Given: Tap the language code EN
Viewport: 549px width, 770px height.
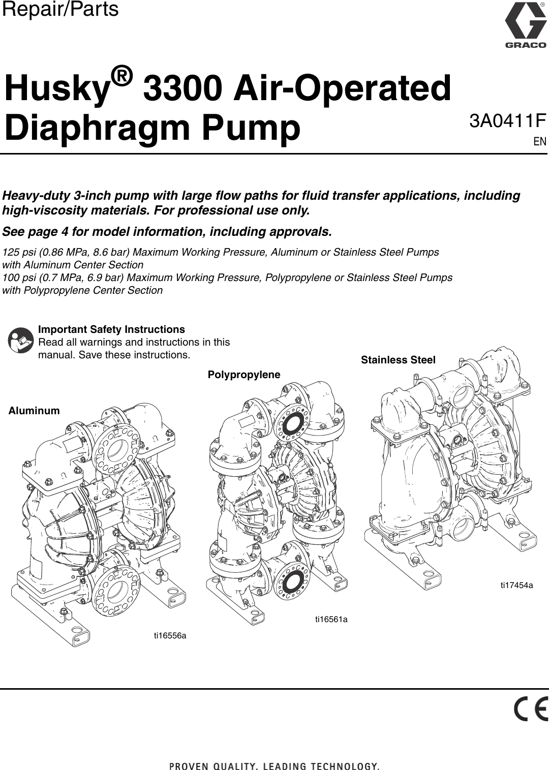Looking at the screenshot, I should pyautogui.click(x=540, y=141).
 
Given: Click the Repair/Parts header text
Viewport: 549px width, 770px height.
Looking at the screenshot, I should pyautogui.click(x=60, y=9).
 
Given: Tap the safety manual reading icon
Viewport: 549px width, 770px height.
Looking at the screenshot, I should pyautogui.click(x=21, y=341).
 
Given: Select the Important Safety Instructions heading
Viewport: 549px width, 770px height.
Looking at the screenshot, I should pyautogui.click(x=111, y=329).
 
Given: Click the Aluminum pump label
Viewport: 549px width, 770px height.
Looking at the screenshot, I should pyautogui.click(x=34, y=411).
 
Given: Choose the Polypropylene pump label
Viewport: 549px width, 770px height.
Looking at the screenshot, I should pyautogui.click(x=244, y=375).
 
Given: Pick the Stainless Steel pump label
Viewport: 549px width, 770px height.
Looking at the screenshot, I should pyautogui.click(x=398, y=360).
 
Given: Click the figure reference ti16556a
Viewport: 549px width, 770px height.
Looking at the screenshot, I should pyautogui.click(x=170, y=636).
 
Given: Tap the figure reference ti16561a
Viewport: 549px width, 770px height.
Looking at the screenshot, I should pyautogui.click(x=331, y=619).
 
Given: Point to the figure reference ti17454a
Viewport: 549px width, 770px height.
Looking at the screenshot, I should pyautogui.click(x=516, y=585).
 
